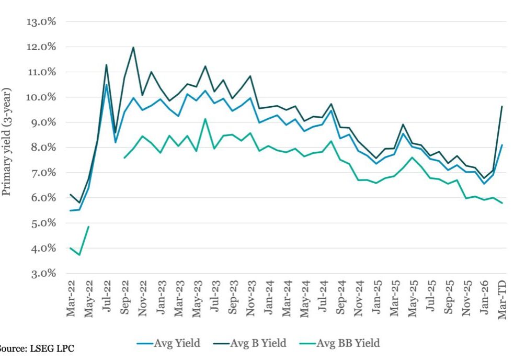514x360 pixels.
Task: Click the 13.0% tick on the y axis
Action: (41, 22)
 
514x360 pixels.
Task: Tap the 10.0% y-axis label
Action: (41, 97)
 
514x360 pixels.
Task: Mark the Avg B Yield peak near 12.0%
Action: (133, 48)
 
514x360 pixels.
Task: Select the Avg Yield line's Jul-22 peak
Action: (106, 85)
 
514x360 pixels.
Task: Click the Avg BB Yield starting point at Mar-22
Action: (71, 248)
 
